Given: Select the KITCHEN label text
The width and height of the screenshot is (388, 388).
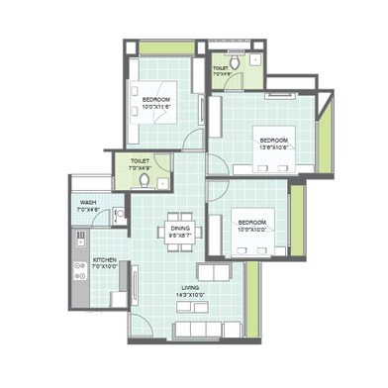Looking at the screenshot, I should coord(104,262).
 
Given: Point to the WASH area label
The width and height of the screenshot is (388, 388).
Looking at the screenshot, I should coord(88,206).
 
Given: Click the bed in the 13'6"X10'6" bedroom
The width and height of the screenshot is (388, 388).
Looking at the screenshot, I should coord(277,144).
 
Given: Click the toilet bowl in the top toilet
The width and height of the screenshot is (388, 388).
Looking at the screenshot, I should coord(235,54).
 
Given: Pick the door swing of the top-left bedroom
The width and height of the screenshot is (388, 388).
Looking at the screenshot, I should coord(193,140).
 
